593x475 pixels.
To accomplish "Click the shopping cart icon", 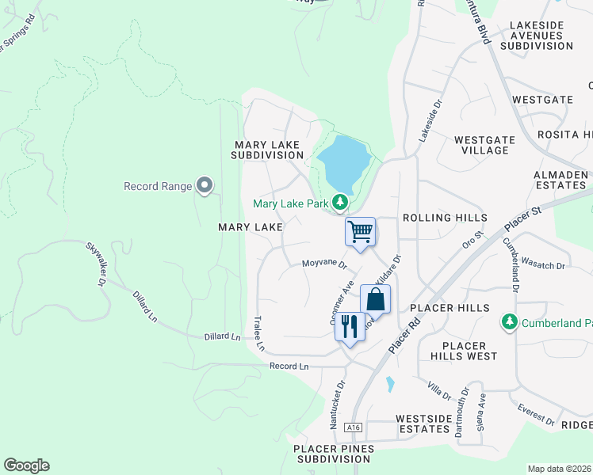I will point(360,232).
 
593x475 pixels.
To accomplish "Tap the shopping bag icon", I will point(375,300).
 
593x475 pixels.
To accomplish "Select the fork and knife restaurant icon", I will point(350,325).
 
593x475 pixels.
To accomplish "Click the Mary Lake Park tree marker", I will point(339,203).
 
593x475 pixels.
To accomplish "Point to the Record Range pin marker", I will point(205,186).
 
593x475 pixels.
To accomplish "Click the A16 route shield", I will point(354,427).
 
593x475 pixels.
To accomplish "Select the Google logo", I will point(26,465).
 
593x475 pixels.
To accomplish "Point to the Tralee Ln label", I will point(258,333).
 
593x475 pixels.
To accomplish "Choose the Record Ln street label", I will point(289,366).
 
